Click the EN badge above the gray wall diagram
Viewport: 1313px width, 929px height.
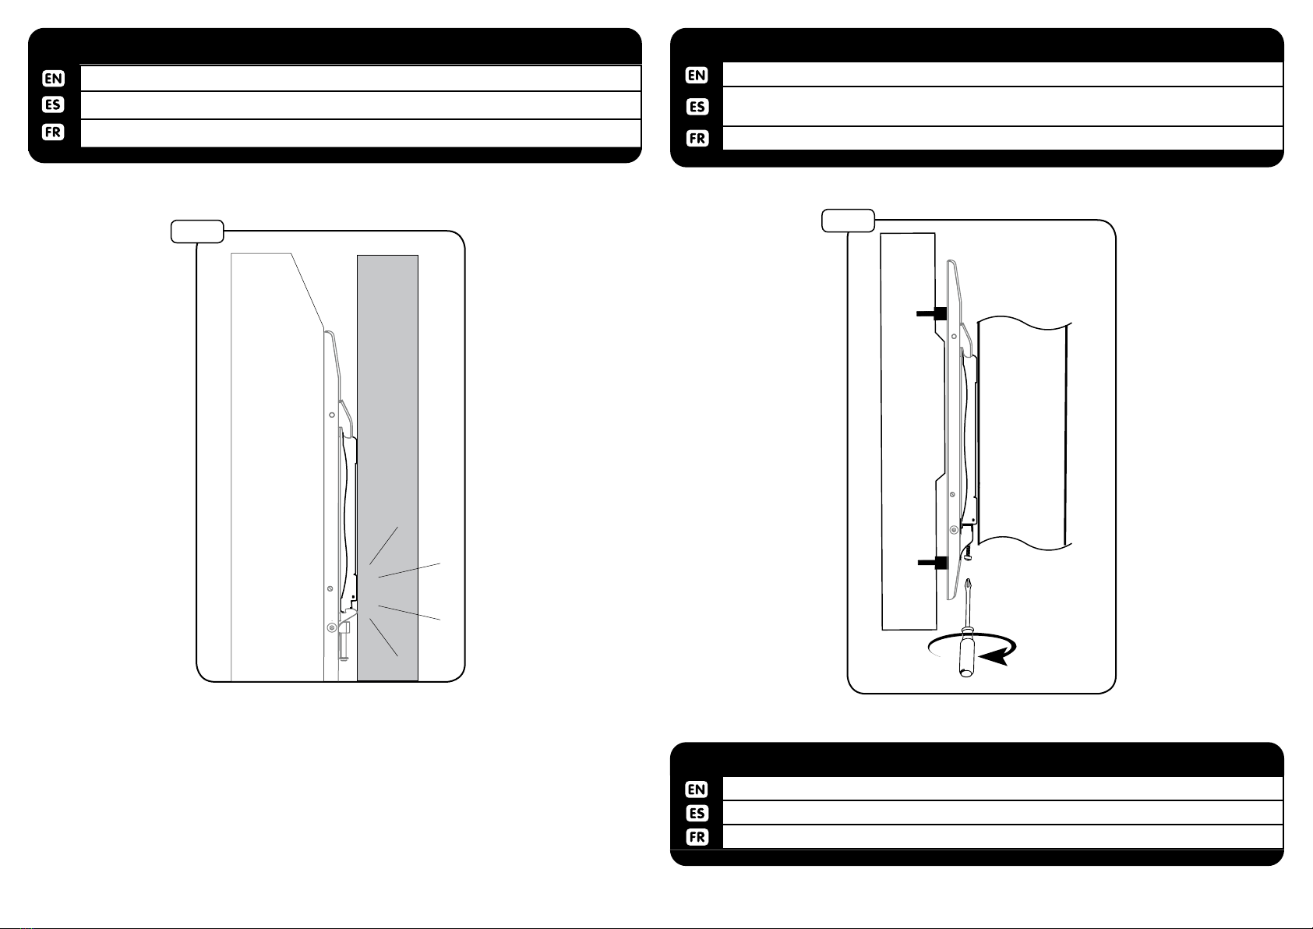click(x=53, y=78)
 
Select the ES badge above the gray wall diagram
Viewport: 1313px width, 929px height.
click(x=53, y=104)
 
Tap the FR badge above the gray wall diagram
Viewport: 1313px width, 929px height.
click(x=53, y=132)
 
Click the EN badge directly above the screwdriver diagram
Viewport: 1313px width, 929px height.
click(x=697, y=75)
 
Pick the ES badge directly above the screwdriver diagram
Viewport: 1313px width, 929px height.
click(x=697, y=107)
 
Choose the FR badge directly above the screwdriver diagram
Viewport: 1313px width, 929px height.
click(x=697, y=138)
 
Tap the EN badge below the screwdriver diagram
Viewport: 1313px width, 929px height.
click(x=697, y=789)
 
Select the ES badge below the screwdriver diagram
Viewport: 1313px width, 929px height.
click(x=697, y=813)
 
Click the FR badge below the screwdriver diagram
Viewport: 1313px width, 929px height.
click(x=697, y=837)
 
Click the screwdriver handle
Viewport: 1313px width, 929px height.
click(x=966, y=652)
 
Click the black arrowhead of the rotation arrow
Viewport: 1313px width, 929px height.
click(x=995, y=656)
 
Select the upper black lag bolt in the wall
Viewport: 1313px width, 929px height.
click(x=932, y=313)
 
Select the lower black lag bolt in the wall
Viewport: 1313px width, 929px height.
click(x=933, y=563)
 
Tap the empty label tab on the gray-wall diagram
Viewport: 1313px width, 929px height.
click(x=197, y=231)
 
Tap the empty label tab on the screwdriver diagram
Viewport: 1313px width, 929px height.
click(x=848, y=221)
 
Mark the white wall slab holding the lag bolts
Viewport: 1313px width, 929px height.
click(x=908, y=432)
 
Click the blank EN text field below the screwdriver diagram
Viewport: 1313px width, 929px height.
click(x=1002, y=789)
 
